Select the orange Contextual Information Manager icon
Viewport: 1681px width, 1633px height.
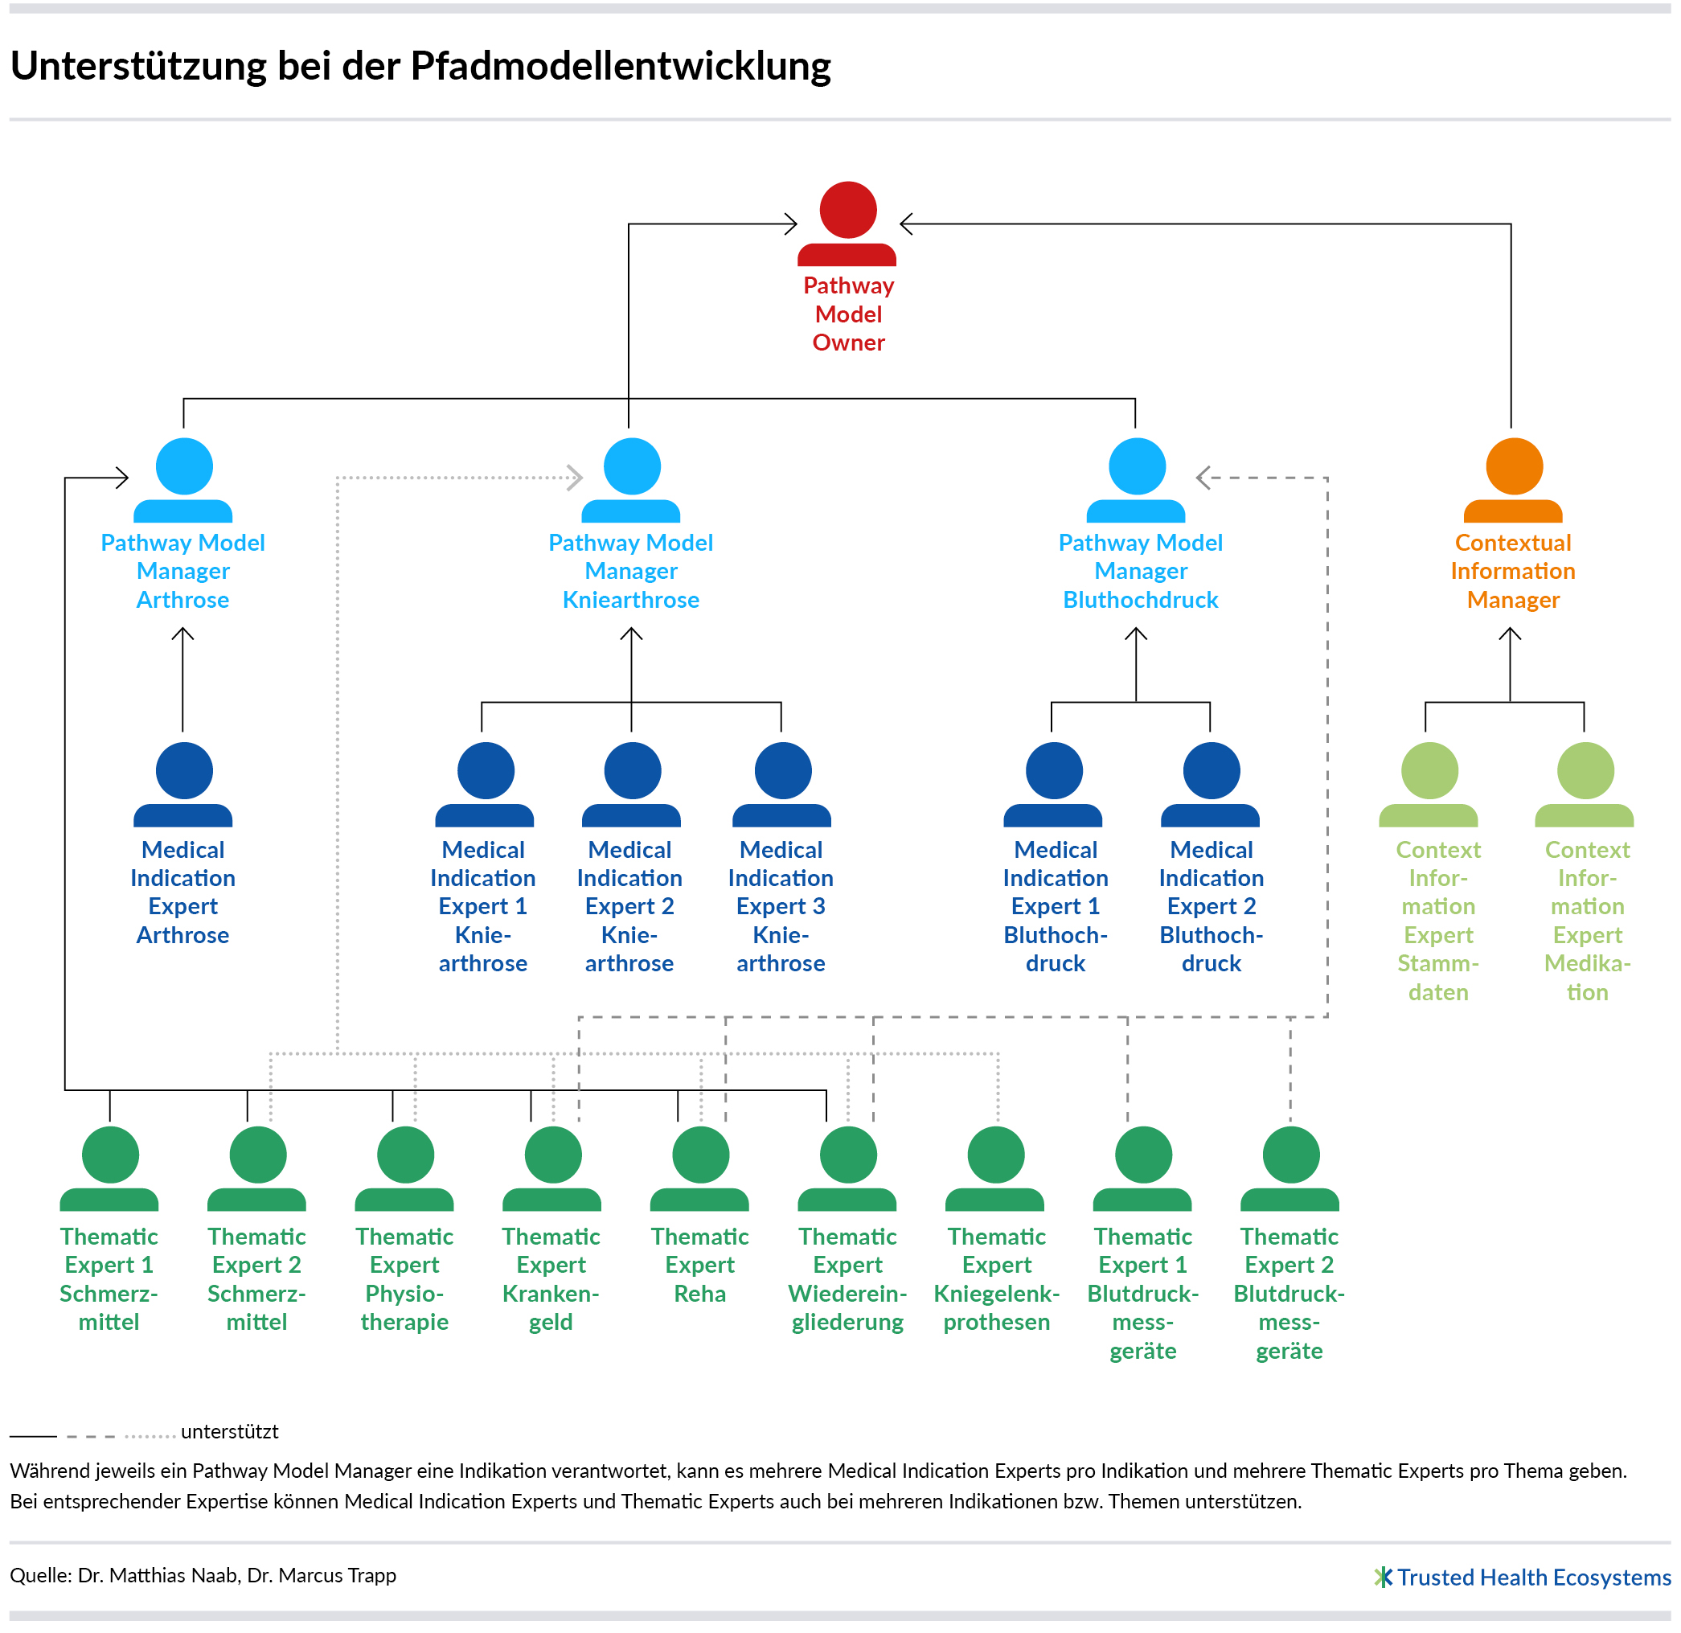point(1513,480)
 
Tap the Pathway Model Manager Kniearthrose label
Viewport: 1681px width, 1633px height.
point(630,571)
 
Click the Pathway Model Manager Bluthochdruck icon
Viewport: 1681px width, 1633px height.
point(1137,480)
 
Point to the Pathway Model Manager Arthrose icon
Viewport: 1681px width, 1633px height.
point(183,480)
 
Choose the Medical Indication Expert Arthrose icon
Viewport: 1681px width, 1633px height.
point(183,784)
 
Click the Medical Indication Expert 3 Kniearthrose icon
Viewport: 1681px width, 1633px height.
point(782,784)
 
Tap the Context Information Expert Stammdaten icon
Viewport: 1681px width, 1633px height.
point(1429,784)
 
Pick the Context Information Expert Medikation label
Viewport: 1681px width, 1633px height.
point(1587,921)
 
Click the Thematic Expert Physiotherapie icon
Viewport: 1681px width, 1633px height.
point(405,1168)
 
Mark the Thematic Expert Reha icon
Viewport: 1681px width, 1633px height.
point(700,1168)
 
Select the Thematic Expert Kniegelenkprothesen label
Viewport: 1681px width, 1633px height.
point(997,1278)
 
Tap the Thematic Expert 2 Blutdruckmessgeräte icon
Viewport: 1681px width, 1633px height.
point(1290,1168)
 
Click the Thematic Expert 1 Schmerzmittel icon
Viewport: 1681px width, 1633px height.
point(110,1168)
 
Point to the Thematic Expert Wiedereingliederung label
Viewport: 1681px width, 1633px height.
point(847,1278)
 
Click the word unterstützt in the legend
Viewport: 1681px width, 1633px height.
point(230,1431)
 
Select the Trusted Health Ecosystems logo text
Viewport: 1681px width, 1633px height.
point(1534,1577)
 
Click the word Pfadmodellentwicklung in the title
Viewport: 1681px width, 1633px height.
point(621,66)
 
